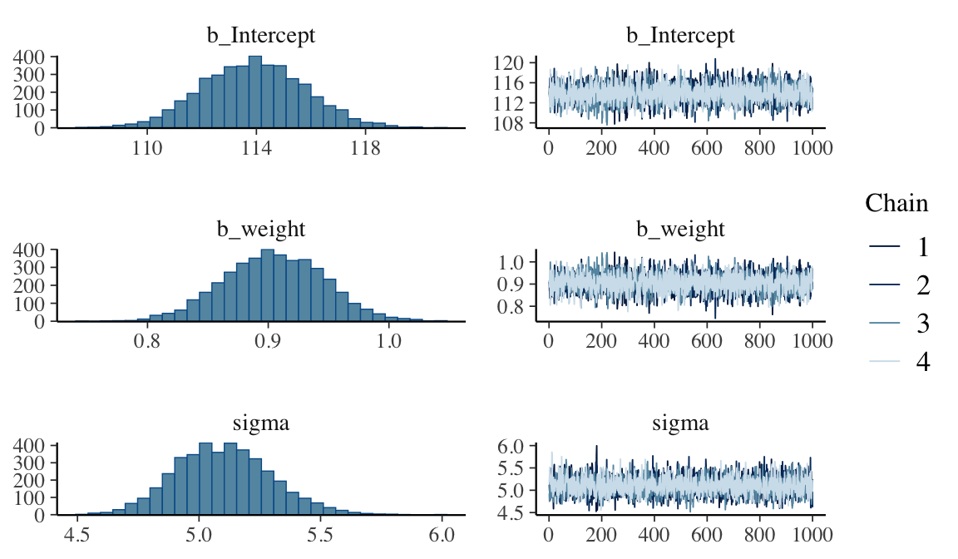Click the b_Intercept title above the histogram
coord(260,36)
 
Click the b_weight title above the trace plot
coord(680,229)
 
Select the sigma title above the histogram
coord(260,423)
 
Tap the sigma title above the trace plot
coord(680,423)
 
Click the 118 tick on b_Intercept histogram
coord(366,150)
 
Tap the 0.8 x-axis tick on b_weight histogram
coord(148,343)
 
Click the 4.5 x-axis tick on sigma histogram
coord(77,537)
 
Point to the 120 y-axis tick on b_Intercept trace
coord(521,63)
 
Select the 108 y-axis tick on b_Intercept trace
coord(521,124)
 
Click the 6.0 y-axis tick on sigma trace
coord(525,447)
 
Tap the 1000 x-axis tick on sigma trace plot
coord(811,537)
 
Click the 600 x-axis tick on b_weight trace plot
coord(706,343)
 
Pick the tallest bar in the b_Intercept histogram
coord(255,92)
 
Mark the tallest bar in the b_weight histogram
coord(268,284)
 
